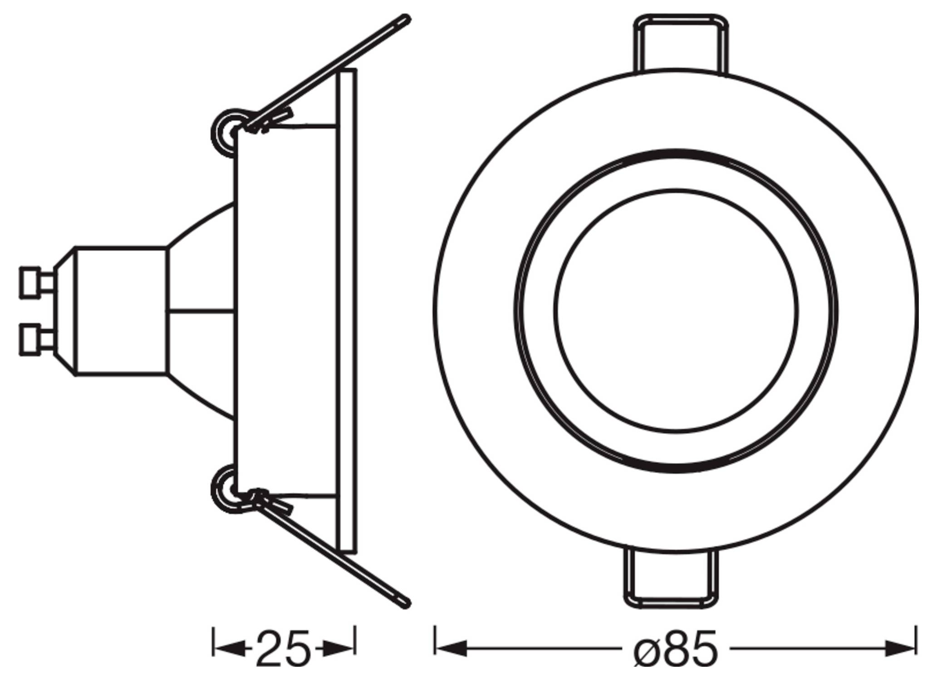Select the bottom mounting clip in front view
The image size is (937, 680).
pos(672,578)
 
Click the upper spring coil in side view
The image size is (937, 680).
pos(226,132)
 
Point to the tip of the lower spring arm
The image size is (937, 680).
pos(407,602)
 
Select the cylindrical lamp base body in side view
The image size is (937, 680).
pos(121,311)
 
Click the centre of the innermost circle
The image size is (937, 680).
pos(676,310)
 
